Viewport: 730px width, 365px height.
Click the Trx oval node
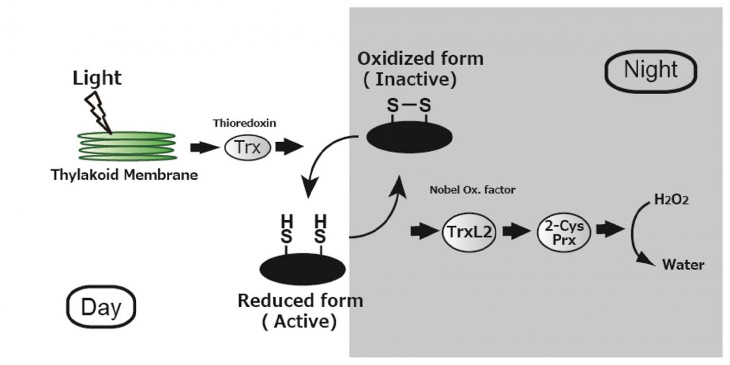(x=248, y=147)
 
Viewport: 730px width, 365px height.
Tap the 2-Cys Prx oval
(x=564, y=232)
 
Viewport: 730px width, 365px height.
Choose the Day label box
(x=101, y=307)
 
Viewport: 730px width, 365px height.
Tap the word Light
(x=97, y=78)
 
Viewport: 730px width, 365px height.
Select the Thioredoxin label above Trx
(x=244, y=123)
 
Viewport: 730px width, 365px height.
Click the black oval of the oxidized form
(x=409, y=137)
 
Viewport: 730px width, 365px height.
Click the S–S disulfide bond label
(x=409, y=106)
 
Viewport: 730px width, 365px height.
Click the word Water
(x=682, y=265)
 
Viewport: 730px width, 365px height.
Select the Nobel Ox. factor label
(x=472, y=190)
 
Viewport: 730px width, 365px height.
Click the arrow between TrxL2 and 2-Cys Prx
(x=516, y=232)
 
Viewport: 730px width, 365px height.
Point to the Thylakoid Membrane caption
(x=124, y=175)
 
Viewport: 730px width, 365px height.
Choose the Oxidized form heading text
(x=420, y=59)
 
